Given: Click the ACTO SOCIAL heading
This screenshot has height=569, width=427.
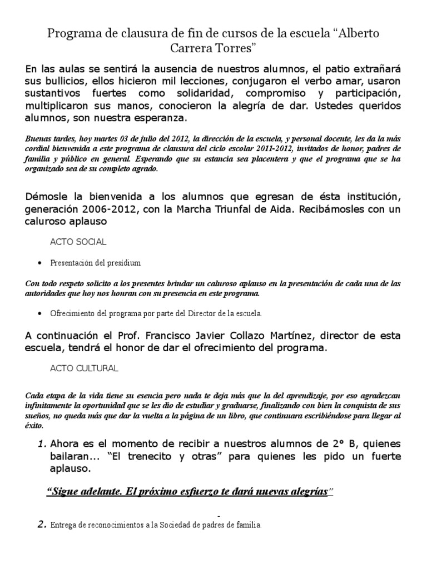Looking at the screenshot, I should coord(78,242).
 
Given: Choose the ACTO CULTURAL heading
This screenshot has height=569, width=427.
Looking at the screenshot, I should coord(84,368).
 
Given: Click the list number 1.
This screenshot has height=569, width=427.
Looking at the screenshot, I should coord(42,444).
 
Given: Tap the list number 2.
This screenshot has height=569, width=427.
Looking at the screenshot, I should coord(42,525).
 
